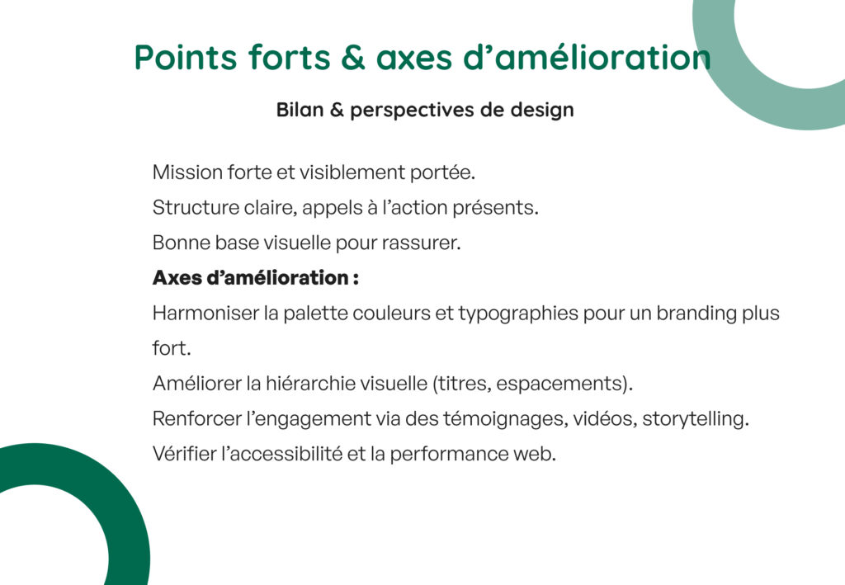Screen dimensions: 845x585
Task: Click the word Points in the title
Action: [x=186, y=57]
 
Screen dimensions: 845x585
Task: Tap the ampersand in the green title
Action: [x=353, y=57]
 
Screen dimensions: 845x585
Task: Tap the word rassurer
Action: [x=422, y=243]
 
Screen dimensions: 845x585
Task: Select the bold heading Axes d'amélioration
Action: [x=256, y=277]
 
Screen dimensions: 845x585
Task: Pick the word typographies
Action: [x=518, y=314]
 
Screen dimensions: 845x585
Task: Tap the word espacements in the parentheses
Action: [x=560, y=384]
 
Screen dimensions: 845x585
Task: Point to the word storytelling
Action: [x=695, y=419]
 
